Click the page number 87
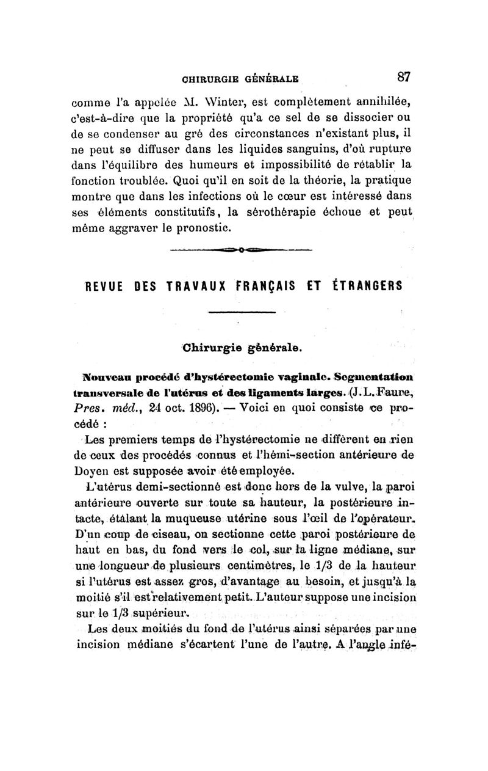point(403,77)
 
